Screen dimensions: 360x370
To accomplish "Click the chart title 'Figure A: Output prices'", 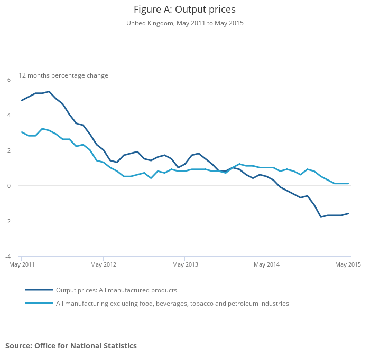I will click(184, 10).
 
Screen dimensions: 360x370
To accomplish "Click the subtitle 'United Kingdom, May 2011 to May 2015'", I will click(184, 23).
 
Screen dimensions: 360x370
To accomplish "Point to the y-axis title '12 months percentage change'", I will click(63, 75).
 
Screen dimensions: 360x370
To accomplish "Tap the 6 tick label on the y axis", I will click(9, 80).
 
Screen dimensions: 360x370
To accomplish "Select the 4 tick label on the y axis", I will click(9, 115).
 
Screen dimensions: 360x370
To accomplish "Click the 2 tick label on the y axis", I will click(9, 150).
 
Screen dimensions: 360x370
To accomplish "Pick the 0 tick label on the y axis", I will click(9, 186).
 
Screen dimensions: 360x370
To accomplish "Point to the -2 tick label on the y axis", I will click(8, 221).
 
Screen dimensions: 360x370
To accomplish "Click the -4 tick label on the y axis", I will click(8, 257).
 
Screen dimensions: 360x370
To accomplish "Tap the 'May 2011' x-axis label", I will click(22, 264).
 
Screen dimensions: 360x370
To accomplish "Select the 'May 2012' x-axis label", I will click(103, 264).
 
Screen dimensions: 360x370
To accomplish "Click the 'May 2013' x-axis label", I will click(184, 264).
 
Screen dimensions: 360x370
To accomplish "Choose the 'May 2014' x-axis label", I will click(266, 264).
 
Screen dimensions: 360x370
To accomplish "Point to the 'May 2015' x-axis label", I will click(347, 264).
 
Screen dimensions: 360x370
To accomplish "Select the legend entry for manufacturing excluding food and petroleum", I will click(172, 304).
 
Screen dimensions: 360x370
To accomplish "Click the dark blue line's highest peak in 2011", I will click(49, 91).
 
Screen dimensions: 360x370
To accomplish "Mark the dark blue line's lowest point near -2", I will click(321, 217).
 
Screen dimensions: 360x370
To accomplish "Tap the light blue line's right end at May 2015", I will click(348, 184).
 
